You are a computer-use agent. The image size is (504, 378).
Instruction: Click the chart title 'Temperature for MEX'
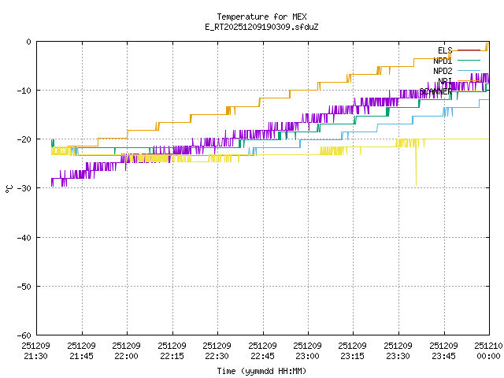(x=261, y=17)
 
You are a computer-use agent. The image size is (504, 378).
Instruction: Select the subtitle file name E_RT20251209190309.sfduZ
(x=261, y=27)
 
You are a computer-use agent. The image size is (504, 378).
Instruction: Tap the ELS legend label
(x=444, y=50)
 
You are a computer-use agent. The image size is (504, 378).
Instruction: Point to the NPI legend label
(x=445, y=81)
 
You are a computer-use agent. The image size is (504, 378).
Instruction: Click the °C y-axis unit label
(x=9, y=188)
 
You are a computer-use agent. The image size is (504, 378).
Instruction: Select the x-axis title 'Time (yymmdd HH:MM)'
(x=261, y=371)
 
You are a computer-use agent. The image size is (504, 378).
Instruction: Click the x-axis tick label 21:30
(x=36, y=356)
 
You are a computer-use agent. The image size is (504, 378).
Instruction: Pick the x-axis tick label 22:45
(x=263, y=356)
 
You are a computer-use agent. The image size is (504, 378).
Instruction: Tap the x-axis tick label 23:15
(x=354, y=356)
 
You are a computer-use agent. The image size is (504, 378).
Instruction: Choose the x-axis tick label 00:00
(x=489, y=356)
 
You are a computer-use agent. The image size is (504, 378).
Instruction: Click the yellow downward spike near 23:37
(x=416, y=177)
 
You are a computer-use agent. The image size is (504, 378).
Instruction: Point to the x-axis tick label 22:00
(x=127, y=356)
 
